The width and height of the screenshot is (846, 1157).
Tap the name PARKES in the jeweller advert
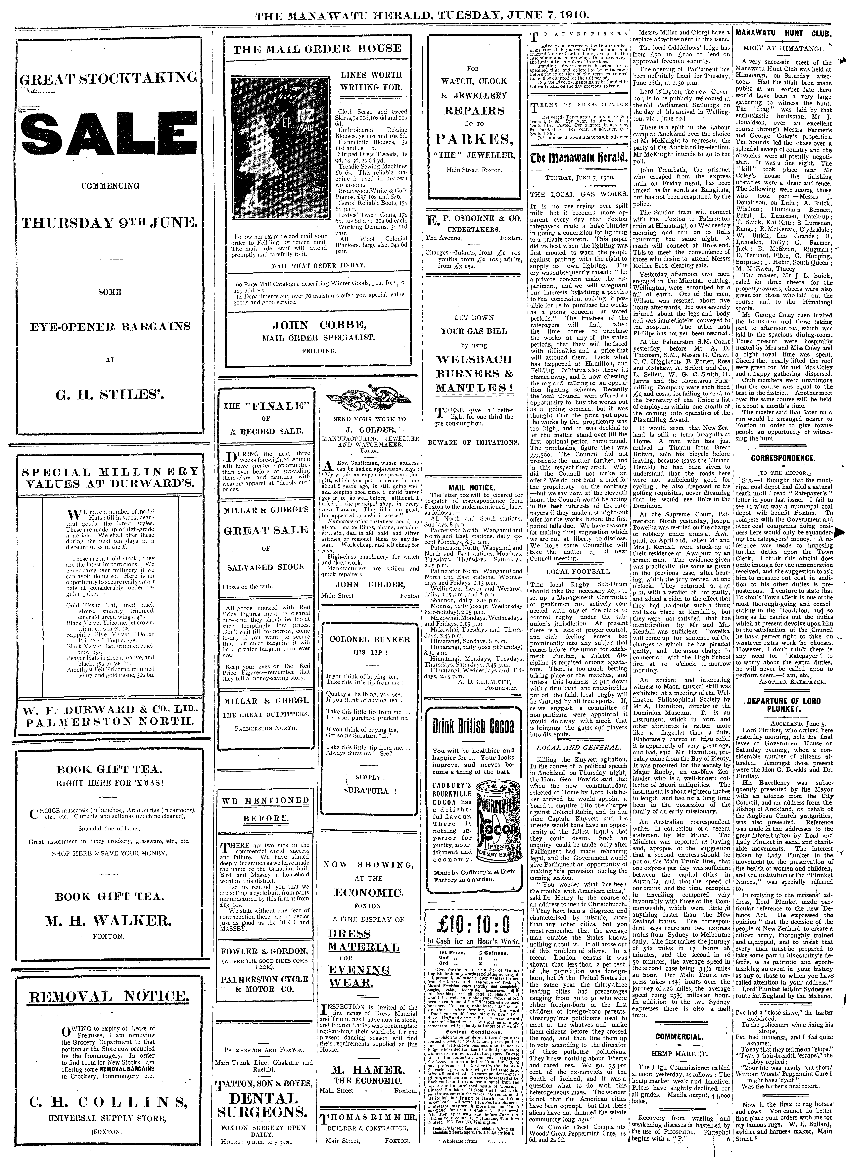pyautogui.click(x=474, y=139)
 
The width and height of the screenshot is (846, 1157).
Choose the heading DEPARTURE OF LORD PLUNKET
pyautogui.click(x=782, y=705)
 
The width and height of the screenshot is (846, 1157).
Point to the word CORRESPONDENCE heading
pyautogui.click(x=782, y=458)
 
